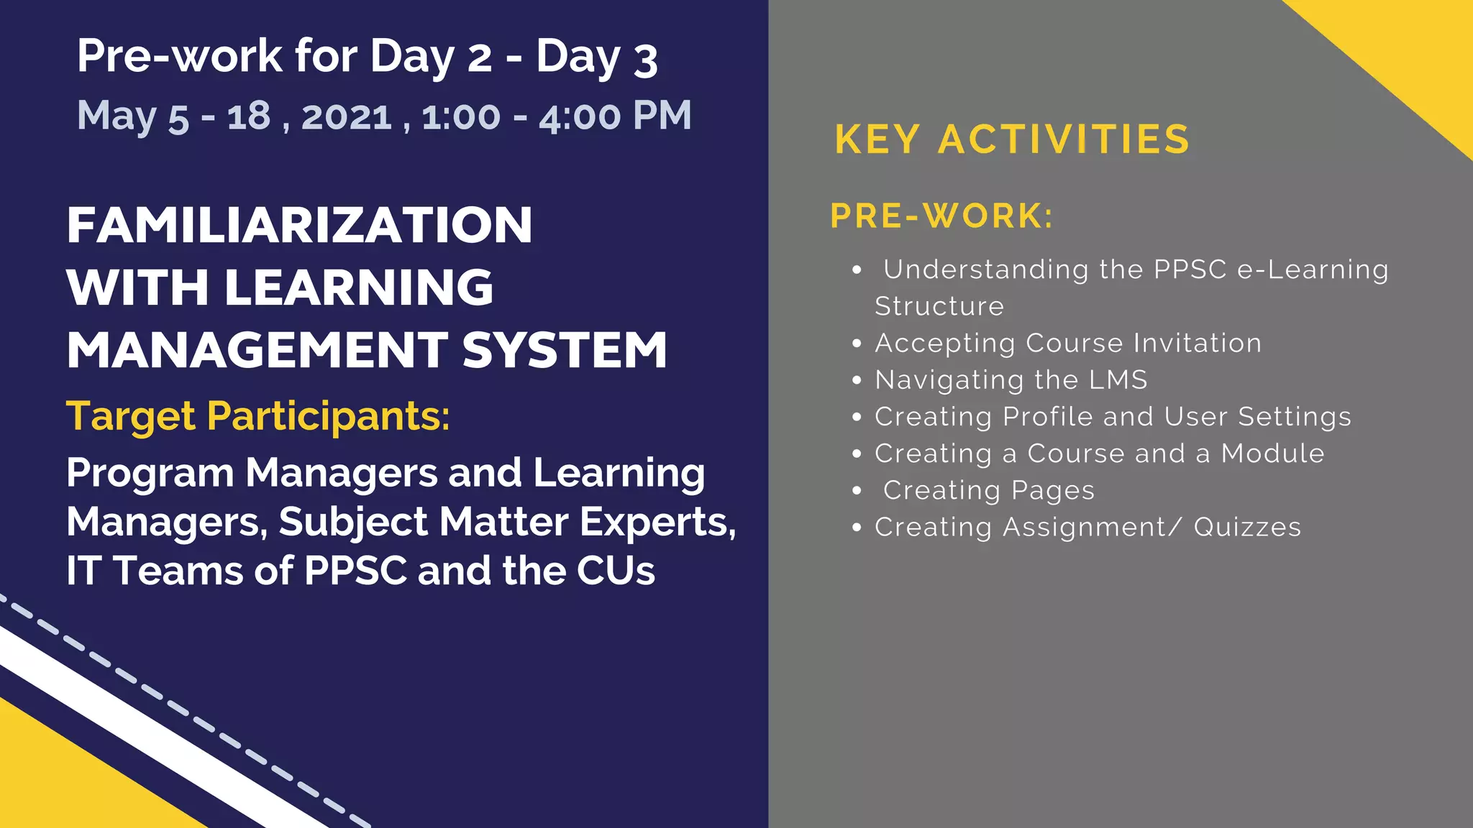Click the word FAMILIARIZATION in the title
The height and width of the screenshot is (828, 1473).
point(299,226)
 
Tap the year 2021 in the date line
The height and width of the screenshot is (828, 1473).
point(347,116)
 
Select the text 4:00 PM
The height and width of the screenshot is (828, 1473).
point(615,116)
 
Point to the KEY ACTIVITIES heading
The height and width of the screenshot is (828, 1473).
point(1012,139)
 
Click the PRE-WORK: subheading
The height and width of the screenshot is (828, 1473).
point(941,216)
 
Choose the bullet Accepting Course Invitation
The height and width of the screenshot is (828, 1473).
point(1068,344)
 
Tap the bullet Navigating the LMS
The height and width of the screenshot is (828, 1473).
point(1011,380)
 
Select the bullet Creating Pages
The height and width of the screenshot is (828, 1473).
point(988,491)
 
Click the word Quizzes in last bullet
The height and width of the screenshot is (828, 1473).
point(1247,528)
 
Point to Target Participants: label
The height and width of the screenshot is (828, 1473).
point(257,416)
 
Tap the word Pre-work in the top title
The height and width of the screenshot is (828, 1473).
point(179,56)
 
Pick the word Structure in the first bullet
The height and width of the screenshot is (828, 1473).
point(939,307)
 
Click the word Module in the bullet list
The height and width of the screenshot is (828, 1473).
point(1272,454)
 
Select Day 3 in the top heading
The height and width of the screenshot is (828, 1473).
point(596,57)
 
